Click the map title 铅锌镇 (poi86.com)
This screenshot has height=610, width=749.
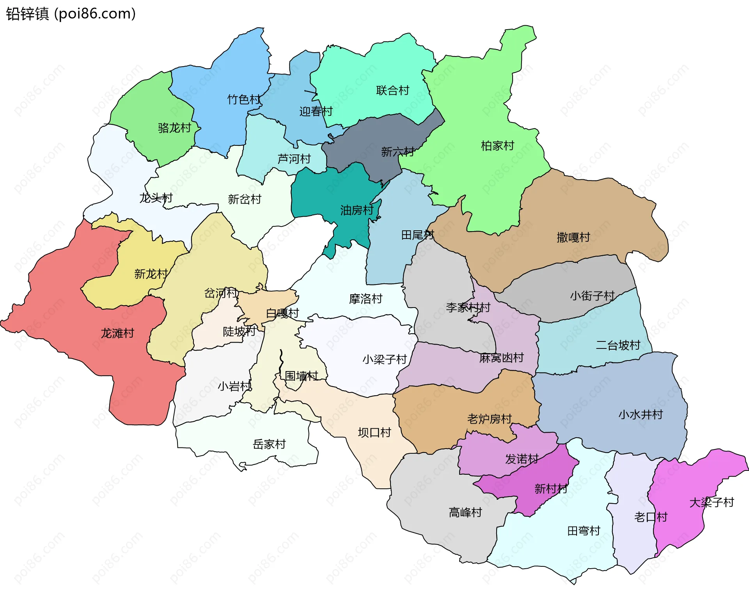71,14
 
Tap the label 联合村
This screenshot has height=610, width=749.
392,90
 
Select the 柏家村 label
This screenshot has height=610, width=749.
497,146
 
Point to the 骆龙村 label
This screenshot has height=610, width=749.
174,128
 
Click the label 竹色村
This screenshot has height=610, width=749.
244,99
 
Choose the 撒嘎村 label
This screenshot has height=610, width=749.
573,237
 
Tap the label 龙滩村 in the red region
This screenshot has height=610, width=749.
117,333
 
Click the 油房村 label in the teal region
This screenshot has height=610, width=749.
357,210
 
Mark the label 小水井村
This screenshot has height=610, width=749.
641,414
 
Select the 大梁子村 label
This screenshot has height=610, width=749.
712,502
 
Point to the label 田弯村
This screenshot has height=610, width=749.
584,531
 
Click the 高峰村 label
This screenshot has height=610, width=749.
465,512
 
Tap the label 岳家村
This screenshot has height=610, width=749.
269,444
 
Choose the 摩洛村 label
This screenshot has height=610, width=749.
366,299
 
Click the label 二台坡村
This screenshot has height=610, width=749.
618,345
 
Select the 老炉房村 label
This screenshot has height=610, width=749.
490,419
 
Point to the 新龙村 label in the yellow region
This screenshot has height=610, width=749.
151,274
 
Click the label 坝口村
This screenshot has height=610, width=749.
374,433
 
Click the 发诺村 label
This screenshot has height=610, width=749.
522,459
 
